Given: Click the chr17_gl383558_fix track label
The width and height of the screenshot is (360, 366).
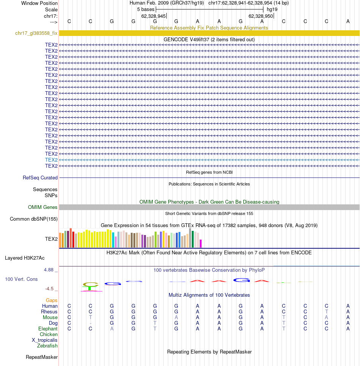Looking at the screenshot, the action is pos(36,33).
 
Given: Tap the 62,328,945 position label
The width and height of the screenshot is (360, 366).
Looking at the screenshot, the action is pos(153,16).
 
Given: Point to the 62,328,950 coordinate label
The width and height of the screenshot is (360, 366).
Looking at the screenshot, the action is pos(261,16).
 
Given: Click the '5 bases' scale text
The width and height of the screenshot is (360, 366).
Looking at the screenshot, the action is pos(146,9).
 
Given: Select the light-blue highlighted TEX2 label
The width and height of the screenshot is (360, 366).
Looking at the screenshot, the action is pos(51,160).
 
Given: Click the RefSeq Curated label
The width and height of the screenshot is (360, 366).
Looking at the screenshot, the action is pos(40,178).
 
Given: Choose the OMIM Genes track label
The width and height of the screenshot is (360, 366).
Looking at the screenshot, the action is pos(42,207).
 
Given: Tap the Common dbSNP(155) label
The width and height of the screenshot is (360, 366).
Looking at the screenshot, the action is pos(34,219).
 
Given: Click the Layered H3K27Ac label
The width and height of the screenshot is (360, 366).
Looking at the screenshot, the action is pos(25,258).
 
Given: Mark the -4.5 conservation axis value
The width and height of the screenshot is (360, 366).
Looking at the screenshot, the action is pos(49,289).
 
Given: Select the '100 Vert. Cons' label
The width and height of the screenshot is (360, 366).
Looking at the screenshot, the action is pos(21,279).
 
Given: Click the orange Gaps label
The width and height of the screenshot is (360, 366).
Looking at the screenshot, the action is pos(52,301).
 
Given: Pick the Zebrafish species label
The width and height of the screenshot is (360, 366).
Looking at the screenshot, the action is pos(47,346).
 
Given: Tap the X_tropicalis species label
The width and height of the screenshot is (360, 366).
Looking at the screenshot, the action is pos(44,340).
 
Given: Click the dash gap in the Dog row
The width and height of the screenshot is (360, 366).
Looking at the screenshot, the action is pos(91,323).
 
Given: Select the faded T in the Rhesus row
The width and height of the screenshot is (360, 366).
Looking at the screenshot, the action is pos(327,311).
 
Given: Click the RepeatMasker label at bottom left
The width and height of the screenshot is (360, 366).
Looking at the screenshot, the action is pos(42,357).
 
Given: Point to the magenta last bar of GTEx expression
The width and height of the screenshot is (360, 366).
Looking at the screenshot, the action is pos(200,243).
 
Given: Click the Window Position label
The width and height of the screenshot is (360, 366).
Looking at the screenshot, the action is pos(39,3).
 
